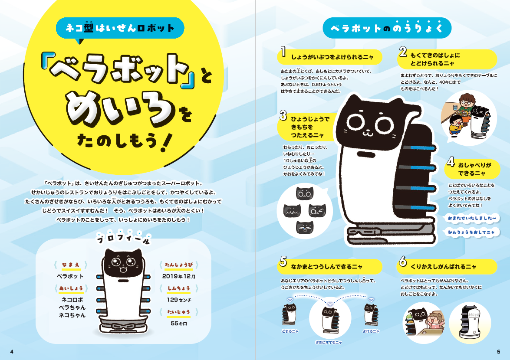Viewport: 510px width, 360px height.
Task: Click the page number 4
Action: pyautogui.click(x=12, y=352)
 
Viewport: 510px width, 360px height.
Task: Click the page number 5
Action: pyautogui.click(x=499, y=352)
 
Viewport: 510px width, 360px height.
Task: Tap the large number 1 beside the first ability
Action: pyautogui.click(x=283, y=52)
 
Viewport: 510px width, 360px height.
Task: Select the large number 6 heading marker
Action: pyautogui.click(x=403, y=261)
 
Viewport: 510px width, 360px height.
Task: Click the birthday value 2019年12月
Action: pyautogui.click(x=179, y=276)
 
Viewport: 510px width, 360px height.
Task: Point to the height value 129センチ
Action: pyautogui.click(x=179, y=300)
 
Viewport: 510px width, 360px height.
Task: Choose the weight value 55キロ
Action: pyautogui.click(x=179, y=323)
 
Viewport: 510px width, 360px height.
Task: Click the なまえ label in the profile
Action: pyautogui.click(x=71, y=265)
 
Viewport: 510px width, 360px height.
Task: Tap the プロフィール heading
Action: pyautogui.click(x=124, y=239)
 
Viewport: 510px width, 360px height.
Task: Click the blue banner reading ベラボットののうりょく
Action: pyautogui.click(x=387, y=28)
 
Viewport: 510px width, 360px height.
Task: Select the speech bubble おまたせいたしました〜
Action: pyautogui.click(x=472, y=218)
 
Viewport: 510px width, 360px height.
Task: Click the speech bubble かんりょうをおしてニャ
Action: pyautogui.click(x=471, y=232)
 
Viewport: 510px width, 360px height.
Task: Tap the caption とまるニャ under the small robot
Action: pyautogui.click(x=290, y=331)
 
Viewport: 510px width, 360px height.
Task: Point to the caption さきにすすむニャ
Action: pyautogui.click(x=329, y=342)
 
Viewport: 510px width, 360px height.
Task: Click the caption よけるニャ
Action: pyautogui.click(x=371, y=331)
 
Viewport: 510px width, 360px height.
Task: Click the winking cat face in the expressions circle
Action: pyautogui.click(x=317, y=210)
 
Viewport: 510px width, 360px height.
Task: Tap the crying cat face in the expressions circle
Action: pyautogui.click(x=305, y=227)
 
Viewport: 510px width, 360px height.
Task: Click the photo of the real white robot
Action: pyautogui.click(x=470, y=323)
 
